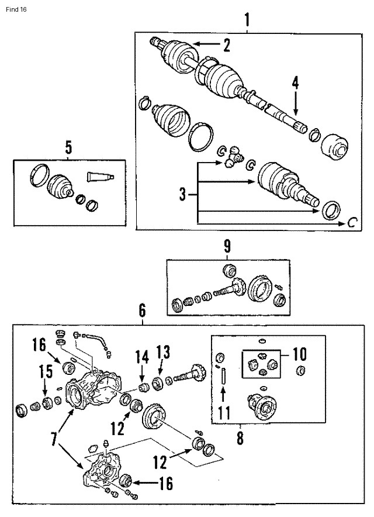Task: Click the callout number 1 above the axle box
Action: pyautogui.click(x=247, y=20)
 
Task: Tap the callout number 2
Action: pyautogui.click(x=227, y=44)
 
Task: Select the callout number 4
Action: pyautogui.click(x=296, y=83)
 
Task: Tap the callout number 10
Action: pyautogui.click(x=299, y=354)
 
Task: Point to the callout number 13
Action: pyautogui.click(x=163, y=351)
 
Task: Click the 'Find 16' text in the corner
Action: pyautogui.click(x=15, y=10)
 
